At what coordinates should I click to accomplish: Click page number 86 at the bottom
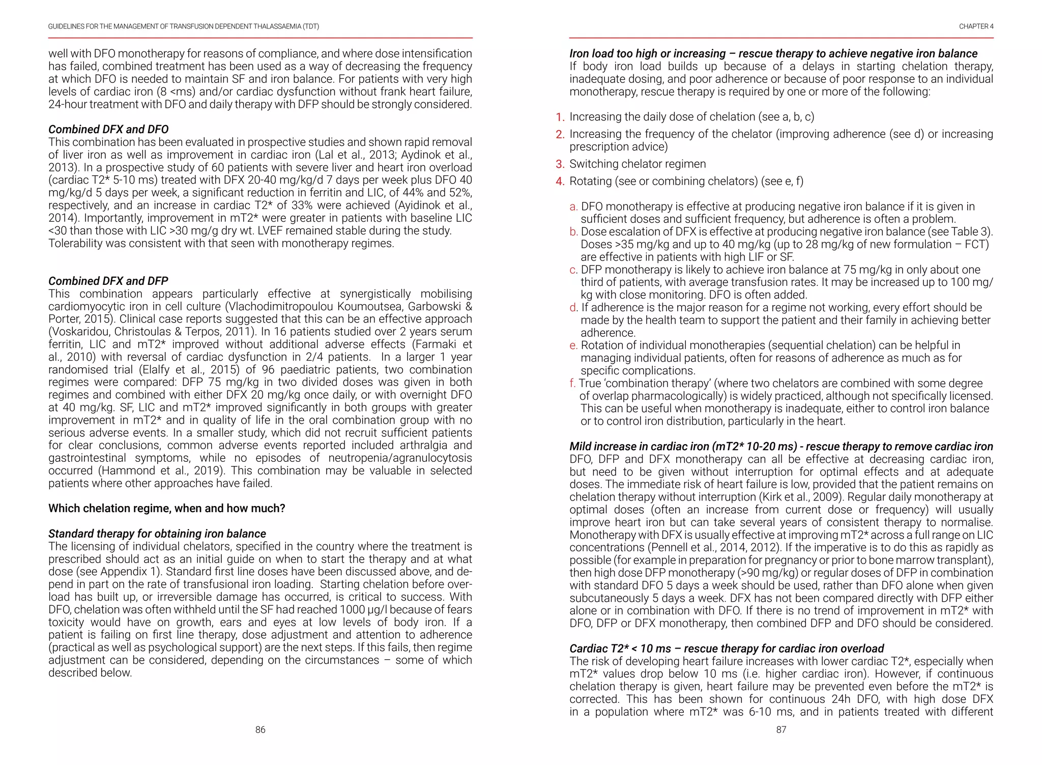tap(260, 730)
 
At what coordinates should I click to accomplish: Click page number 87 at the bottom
tap(781, 730)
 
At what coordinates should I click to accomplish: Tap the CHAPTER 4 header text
tap(976, 26)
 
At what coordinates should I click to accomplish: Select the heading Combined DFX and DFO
tap(108, 129)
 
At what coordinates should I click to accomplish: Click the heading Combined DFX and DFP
tap(108, 281)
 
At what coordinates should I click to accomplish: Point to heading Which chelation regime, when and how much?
tap(166, 508)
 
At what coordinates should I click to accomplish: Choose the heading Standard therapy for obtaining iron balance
tap(157, 534)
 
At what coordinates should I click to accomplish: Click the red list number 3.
tap(560, 164)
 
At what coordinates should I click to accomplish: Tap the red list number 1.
tap(560, 117)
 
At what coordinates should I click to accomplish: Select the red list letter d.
tap(573, 308)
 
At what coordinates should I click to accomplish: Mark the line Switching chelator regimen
tap(638, 164)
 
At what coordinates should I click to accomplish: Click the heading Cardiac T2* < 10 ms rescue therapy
tap(726, 649)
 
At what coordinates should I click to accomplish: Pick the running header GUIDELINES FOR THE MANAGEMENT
tap(183, 26)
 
